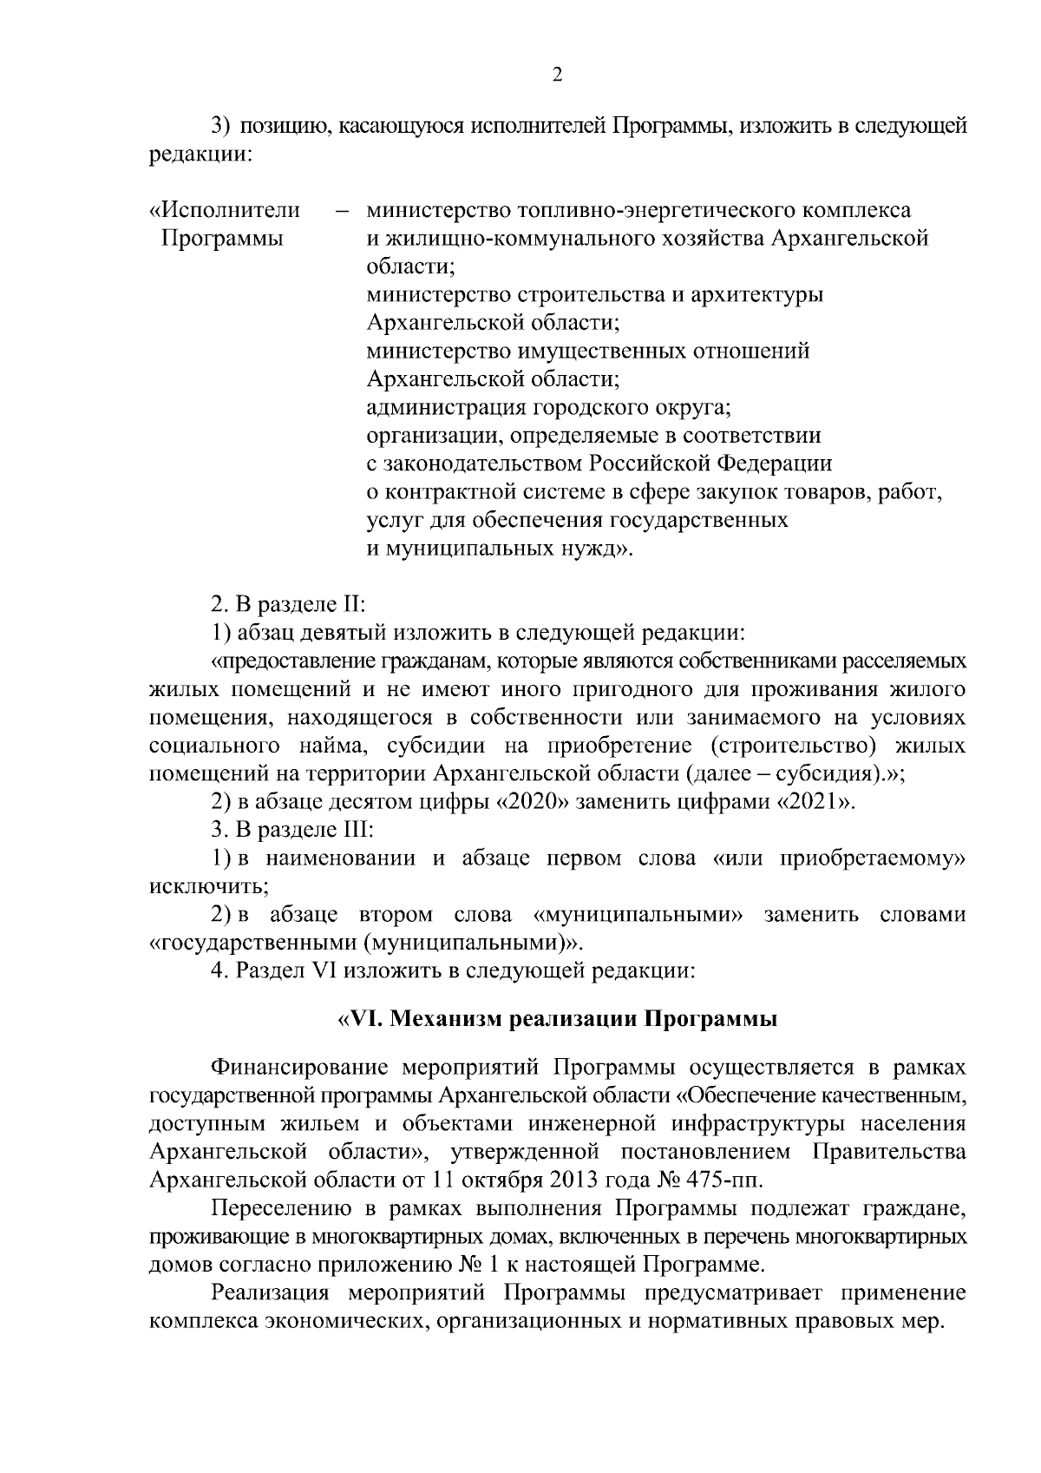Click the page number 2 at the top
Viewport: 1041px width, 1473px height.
557,75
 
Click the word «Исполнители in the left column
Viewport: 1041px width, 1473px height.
226,210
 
